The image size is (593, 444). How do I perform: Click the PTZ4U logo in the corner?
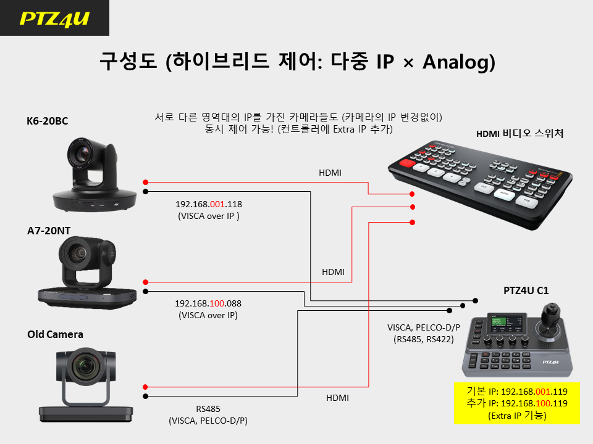tap(54, 18)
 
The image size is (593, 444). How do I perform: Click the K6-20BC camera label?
tap(48, 121)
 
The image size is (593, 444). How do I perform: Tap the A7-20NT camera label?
tap(49, 231)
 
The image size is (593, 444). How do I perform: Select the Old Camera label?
tap(55, 334)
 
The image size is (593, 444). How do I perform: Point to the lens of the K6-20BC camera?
tap(81, 153)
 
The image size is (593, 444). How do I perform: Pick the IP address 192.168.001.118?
tap(208, 204)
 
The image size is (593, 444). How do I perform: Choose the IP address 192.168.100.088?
tap(208, 303)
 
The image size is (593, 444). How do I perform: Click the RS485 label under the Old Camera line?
tap(208, 409)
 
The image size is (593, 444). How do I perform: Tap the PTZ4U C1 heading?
tap(526, 290)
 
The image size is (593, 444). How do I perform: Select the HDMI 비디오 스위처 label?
tap(519, 134)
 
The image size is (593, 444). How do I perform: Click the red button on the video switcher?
tap(407, 163)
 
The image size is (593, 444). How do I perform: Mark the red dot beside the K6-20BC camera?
tap(146, 183)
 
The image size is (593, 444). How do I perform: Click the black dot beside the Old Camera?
tap(146, 397)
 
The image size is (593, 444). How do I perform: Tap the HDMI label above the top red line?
tap(330, 173)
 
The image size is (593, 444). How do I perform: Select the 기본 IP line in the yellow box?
tap(517, 392)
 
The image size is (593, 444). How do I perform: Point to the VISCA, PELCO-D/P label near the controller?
tap(424, 327)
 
